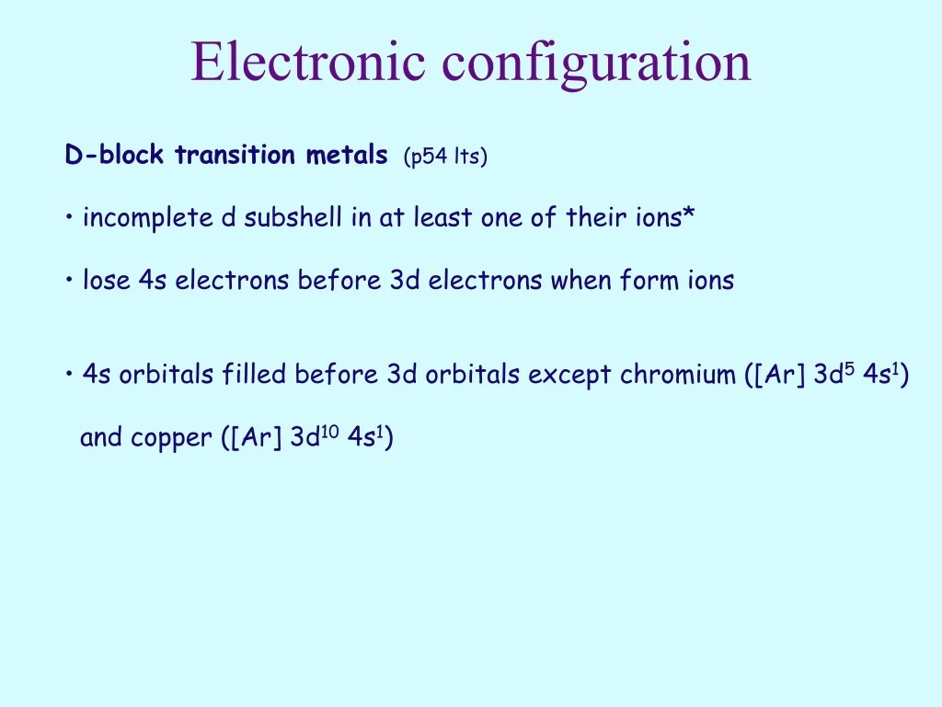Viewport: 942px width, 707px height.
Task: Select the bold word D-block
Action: (x=116, y=156)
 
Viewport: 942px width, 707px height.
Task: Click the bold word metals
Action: (x=347, y=156)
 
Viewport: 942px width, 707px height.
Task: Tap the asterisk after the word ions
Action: (x=689, y=216)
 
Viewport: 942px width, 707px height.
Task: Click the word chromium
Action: (x=678, y=376)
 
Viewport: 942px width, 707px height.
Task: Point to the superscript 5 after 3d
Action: (x=850, y=368)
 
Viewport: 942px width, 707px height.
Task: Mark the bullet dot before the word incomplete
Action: (x=71, y=219)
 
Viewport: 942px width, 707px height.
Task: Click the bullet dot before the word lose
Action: (x=71, y=282)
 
